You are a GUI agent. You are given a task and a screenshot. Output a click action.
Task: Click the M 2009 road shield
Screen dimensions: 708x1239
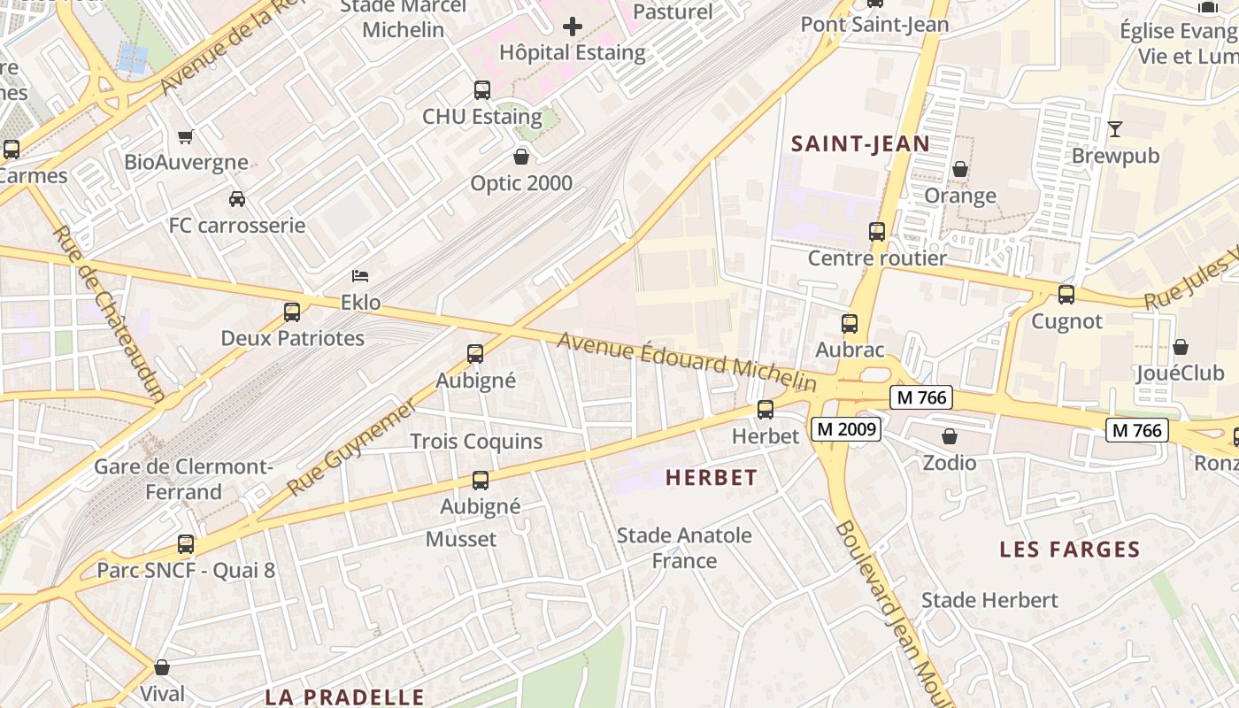point(846,429)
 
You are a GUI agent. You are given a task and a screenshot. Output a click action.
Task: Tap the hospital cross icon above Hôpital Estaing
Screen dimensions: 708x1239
point(573,27)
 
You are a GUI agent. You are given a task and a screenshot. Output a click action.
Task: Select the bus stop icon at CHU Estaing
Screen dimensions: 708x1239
point(481,90)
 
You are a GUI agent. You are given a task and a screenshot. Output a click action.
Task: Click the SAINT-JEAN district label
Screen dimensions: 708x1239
point(860,143)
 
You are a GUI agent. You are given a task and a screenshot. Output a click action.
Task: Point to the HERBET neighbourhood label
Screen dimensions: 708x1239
point(712,478)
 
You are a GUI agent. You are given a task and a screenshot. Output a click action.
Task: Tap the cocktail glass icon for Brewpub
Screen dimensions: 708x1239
point(1115,129)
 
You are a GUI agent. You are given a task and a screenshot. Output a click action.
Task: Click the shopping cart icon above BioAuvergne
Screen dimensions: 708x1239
point(186,137)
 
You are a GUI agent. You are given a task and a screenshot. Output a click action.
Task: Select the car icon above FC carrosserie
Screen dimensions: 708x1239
point(236,199)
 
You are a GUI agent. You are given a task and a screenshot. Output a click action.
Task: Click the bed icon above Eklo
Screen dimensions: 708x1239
point(360,276)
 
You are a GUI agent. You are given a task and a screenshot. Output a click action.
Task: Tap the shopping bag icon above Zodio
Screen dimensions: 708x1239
point(950,436)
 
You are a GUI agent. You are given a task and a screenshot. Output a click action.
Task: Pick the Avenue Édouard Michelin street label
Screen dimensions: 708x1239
point(686,360)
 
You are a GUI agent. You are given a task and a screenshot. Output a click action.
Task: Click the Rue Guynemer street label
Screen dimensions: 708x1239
point(351,447)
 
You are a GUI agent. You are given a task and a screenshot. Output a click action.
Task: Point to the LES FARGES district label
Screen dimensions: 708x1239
point(1070,550)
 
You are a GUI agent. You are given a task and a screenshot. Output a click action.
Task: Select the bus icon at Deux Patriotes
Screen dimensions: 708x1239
point(292,312)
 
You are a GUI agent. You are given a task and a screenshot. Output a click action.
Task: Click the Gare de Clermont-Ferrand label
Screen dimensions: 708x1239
point(183,479)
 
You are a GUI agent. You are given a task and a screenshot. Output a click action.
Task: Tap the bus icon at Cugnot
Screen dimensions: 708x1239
point(1066,295)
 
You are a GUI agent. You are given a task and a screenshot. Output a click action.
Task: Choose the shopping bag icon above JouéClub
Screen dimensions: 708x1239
point(1181,347)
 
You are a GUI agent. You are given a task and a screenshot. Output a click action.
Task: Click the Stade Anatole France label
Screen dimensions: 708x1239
point(684,548)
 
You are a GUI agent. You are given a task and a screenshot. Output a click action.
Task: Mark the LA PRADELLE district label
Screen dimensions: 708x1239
point(345,696)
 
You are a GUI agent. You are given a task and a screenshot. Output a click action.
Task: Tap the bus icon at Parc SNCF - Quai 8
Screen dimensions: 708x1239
point(186,544)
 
